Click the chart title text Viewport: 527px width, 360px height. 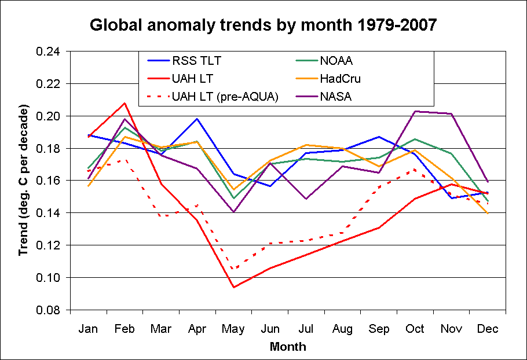click(263, 25)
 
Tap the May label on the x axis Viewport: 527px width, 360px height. click(234, 329)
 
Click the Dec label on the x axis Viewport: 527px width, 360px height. click(488, 329)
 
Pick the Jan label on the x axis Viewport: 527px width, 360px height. click(89, 329)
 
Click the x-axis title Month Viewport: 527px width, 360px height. click(288, 347)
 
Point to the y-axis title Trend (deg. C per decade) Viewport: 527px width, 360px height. click(24, 181)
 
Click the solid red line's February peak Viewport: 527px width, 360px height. click(125, 103)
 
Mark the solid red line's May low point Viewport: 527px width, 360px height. click(234, 287)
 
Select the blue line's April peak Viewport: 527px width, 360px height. click(197, 119)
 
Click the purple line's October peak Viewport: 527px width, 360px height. click(415, 111)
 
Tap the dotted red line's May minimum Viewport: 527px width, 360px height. click(234, 269)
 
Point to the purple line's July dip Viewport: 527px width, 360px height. click(306, 199)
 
